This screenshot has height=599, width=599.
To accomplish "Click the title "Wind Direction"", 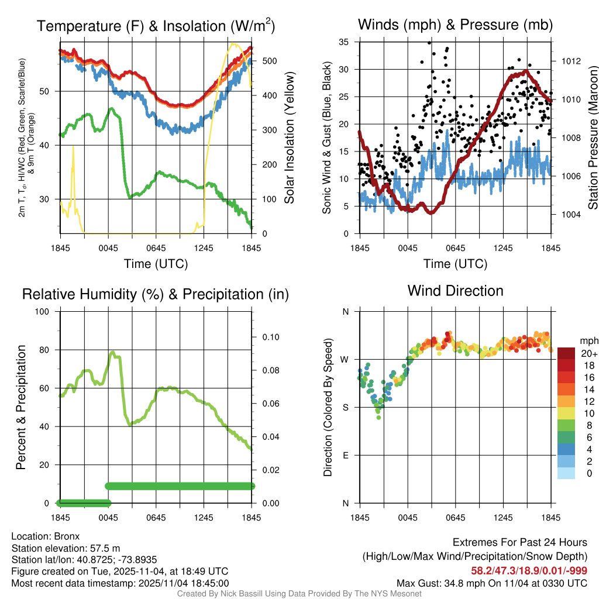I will pos(455,291).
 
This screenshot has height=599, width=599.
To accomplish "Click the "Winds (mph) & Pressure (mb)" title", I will pos(455,25).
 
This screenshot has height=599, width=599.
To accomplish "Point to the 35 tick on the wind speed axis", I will pos(344,42).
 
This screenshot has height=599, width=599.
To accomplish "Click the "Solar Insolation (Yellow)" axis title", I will pos(290,137).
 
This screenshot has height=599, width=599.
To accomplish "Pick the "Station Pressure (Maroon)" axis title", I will pos(592,137).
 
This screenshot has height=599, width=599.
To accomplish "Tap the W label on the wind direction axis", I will pos(345,359).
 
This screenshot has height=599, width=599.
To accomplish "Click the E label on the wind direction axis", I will pos(345,455).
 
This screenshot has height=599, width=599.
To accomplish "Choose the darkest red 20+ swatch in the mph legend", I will pos(566,353).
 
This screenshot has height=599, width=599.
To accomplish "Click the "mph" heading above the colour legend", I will pos(587,340).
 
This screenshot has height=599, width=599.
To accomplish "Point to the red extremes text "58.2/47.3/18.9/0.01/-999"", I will pos(529,570).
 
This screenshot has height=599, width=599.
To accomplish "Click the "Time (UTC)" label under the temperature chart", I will pos(156,264).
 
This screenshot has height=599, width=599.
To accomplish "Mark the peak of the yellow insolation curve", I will pos(234,44).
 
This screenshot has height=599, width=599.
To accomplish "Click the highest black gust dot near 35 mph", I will pos(429,43).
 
